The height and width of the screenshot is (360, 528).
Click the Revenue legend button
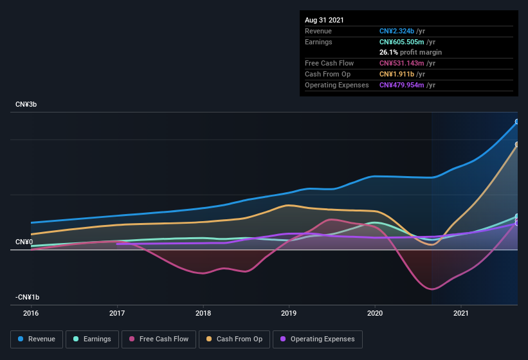point(37,339)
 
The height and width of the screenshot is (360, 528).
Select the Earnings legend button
point(92,339)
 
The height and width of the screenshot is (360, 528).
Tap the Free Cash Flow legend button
point(159,339)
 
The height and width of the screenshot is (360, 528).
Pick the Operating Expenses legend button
point(317,339)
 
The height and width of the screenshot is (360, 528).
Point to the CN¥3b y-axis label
point(26,104)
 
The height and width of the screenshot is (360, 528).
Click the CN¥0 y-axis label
point(24,242)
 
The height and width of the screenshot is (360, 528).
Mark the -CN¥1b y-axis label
point(27,297)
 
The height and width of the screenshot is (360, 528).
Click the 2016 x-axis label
point(31,314)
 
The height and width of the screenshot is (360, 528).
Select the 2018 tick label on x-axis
point(203,314)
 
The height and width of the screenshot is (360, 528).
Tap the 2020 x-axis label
point(375,314)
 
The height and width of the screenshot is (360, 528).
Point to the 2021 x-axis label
point(460,314)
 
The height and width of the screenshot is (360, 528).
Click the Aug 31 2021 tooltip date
point(324,20)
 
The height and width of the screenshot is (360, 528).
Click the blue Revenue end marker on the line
point(517,122)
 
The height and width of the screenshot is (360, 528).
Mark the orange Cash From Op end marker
point(517,145)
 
